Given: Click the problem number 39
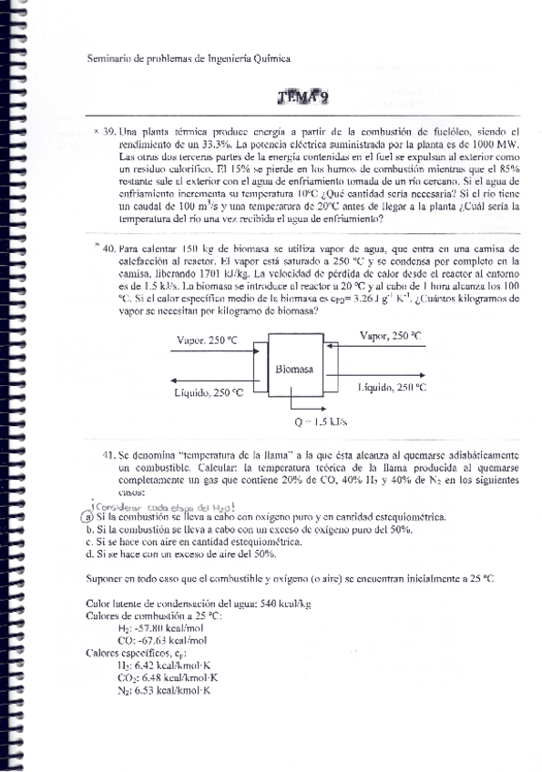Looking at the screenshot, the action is pos(109,132).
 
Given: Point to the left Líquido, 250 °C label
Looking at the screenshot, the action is pos(209,392).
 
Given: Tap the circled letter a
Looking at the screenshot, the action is pos(88,517).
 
